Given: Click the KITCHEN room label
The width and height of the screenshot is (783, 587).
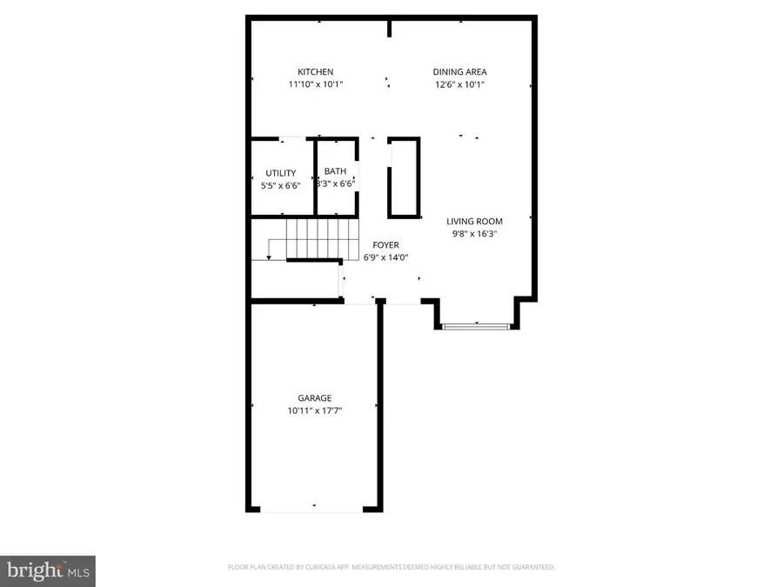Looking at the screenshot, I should [x=315, y=72].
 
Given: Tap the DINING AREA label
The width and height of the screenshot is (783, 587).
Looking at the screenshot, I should [x=460, y=72].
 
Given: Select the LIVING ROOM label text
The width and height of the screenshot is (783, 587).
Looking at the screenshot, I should [x=475, y=221].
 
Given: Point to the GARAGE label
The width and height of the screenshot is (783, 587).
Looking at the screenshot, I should [x=314, y=398].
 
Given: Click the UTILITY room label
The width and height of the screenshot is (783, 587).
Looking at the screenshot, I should [x=281, y=173].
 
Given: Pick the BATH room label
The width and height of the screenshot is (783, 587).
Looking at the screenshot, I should [x=335, y=171].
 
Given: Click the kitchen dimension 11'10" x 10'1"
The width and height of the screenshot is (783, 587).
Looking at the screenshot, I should [x=315, y=85].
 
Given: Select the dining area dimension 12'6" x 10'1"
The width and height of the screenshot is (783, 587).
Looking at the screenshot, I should [x=460, y=85].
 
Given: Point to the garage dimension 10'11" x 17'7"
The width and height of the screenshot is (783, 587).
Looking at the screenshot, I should [x=314, y=410].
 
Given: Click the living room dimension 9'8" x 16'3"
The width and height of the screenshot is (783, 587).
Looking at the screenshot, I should [x=475, y=233].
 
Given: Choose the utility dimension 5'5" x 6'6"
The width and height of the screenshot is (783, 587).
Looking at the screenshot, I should [x=281, y=185].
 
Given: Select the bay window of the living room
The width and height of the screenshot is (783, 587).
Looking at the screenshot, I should [x=475, y=326].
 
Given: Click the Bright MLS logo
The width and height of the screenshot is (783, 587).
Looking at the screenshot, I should [x=48, y=570].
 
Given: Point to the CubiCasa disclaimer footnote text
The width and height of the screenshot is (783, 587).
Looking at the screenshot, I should [x=391, y=568].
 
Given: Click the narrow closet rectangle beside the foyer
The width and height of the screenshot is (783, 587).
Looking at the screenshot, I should [x=403, y=177].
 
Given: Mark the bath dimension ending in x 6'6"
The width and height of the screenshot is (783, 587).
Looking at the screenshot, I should [x=335, y=183].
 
